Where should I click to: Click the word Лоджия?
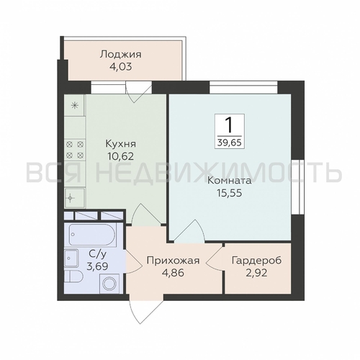pos(121,54)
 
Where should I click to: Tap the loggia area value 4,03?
pos(121,66)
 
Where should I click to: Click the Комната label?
pos(228,181)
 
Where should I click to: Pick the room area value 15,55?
pos(228,193)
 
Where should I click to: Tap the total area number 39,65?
pos(229,142)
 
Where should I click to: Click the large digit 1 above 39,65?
pos(229,122)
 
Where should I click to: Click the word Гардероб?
pos(257,261)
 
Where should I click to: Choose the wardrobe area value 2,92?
pos(257,274)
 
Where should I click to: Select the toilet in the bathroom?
pos(73,280)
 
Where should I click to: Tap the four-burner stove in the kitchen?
pos(74,148)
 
